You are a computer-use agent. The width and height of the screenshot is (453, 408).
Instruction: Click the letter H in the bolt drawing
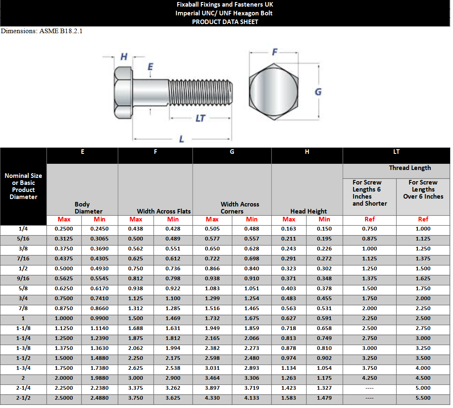(124, 57)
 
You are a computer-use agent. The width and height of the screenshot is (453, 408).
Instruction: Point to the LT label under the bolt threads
(200, 118)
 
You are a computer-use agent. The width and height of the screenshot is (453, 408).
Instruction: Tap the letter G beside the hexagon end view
(318, 92)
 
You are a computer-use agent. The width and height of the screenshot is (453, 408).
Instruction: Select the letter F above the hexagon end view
(274, 52)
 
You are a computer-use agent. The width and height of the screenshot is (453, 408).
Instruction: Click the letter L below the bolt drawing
(182, 139)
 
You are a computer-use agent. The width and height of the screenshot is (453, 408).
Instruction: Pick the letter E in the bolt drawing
(150, 67)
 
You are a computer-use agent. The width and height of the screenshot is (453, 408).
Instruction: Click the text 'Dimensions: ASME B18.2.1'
(41, 31)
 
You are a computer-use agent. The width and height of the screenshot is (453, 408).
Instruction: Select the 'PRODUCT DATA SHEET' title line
(225, 22)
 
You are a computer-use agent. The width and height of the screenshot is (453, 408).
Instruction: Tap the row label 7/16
(23, 259)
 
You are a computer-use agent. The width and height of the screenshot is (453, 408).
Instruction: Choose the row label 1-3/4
(23, 368)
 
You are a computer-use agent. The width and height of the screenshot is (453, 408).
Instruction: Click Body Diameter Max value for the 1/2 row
(64, 269)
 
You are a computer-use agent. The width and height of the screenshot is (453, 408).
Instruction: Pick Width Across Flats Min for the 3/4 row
(173, 299)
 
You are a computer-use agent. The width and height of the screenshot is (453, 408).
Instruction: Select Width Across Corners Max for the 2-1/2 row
(212, 398)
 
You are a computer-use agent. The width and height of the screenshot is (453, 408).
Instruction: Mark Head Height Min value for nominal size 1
(324, 318)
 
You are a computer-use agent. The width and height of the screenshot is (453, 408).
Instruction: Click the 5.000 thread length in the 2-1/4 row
(423, 388)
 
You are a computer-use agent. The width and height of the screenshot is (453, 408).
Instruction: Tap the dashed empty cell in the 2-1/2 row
(369, 398)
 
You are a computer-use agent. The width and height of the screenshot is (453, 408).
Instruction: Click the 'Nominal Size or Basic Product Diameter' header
(23, 186)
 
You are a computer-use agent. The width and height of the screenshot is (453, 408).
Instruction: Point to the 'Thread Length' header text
(409, 168)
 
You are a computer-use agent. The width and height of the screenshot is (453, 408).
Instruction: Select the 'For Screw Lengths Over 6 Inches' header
(423, 189)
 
